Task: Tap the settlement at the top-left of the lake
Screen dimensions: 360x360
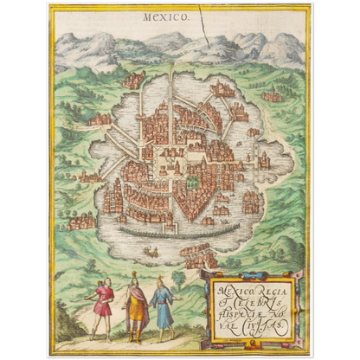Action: coord(133,80)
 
